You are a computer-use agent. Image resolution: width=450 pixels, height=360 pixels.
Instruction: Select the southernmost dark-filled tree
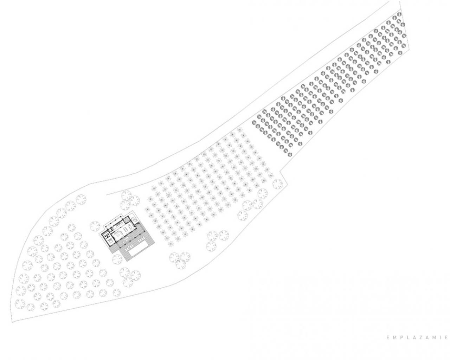click(290, 154)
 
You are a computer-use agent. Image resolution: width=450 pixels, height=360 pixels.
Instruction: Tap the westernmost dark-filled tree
click(254, 122)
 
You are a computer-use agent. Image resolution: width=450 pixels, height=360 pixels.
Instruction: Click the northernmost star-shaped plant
click(239, 130)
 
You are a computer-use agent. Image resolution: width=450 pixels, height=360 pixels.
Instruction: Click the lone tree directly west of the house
click(95, 226)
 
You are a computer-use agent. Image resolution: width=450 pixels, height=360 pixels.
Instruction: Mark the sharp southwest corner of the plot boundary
click(12, 322)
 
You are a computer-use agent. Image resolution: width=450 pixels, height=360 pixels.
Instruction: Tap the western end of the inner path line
click(107, 195)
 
